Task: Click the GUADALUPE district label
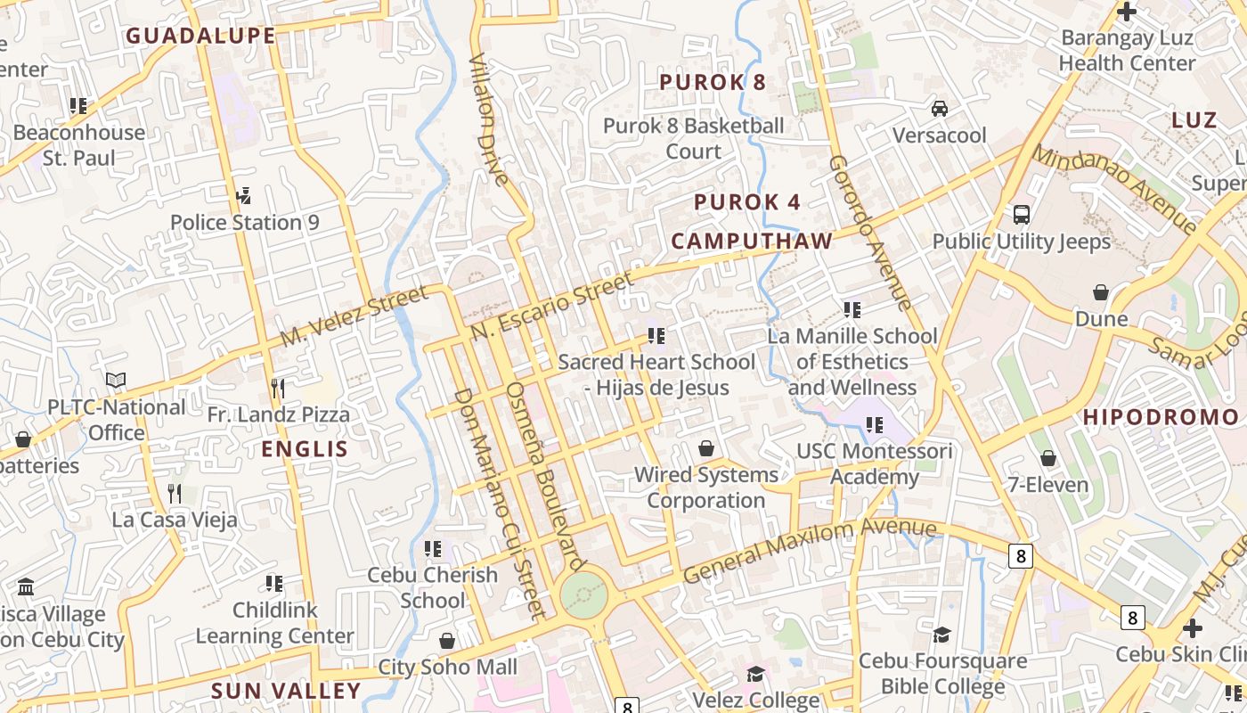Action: point(200,36)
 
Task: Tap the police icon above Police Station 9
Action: point(243,195)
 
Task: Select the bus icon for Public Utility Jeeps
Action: point(1022,215)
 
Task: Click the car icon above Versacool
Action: point(939,109)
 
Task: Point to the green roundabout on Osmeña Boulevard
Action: point(584,594)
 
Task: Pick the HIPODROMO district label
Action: point(1161,417)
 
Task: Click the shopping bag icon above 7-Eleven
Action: point(1048,458)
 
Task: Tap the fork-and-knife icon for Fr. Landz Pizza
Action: point(278,388)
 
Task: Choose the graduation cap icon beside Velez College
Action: point(755,673)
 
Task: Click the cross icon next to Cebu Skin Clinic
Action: point(1192,628)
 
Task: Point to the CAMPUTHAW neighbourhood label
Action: point(752,241)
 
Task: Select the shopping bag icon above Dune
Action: point(1101,292)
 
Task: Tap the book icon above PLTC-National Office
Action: point(116,381)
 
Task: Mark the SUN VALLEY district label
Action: point(286,691)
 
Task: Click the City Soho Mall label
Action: point(447,667)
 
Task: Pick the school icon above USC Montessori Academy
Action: point(874,425)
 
